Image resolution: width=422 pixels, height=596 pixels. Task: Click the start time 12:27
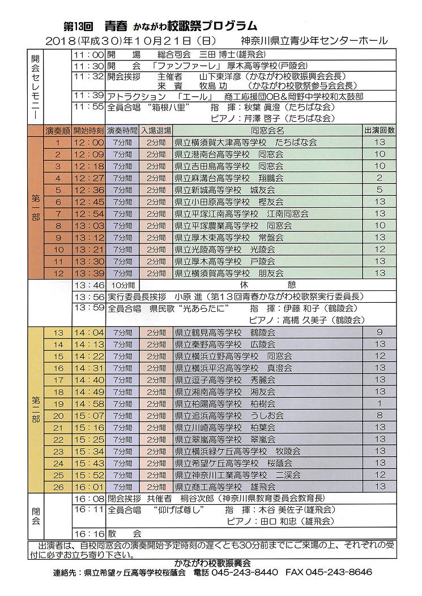tap(89, 178)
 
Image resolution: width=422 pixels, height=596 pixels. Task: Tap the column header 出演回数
tap(380, 130)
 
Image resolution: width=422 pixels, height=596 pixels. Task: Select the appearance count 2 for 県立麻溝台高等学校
tap(380, 178)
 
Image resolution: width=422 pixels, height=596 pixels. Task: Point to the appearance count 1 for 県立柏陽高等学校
tap(380, 404)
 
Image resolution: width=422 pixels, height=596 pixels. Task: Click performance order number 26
tap(58, 486)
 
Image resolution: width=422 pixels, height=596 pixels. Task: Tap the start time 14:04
tap(89, 332)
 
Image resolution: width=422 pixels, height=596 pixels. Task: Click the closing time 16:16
tap(89, 533)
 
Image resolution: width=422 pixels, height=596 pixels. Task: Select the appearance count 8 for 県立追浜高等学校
tap(380, 415)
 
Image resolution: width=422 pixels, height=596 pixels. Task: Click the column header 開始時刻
tap(89, 130)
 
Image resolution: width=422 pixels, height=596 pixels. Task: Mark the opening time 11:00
tap(89, 55)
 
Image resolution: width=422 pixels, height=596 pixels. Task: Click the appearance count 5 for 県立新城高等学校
tap(380, 190)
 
